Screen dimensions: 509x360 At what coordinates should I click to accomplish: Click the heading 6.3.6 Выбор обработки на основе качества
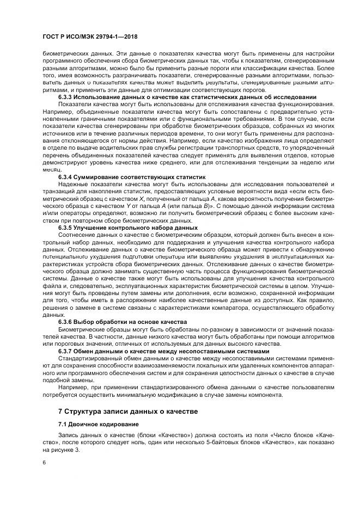tap(123, 322)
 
